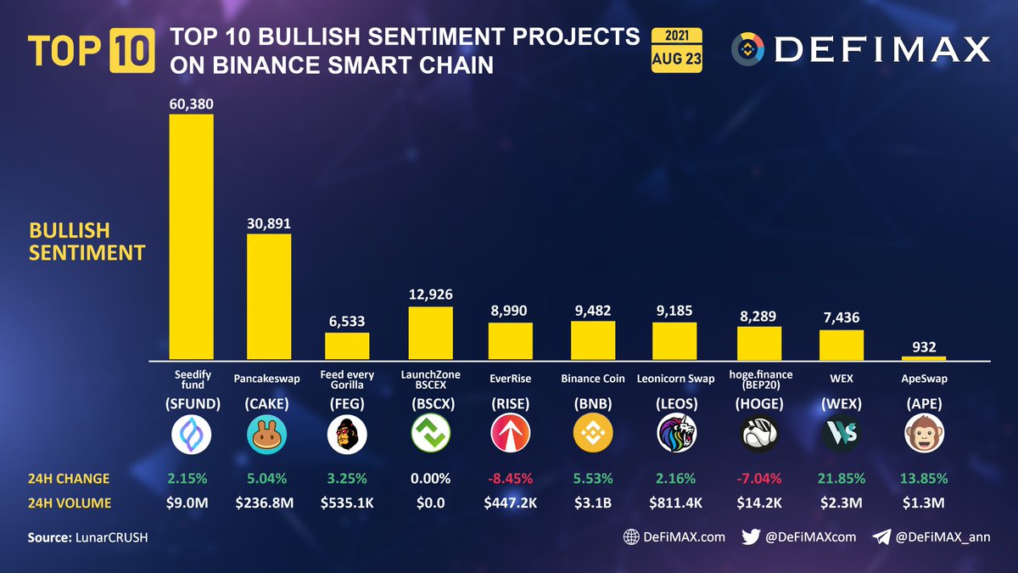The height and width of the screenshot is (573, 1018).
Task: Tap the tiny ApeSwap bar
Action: tap(924, 358)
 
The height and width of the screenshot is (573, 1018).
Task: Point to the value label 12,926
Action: tap(430, 295)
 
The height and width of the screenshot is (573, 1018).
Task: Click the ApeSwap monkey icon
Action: tap(924, 435)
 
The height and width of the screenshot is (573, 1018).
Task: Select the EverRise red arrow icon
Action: tap(511, 435)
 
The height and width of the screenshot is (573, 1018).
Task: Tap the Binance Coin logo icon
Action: tap(594, 435)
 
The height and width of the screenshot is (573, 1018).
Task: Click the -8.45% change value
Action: tap(511, 478)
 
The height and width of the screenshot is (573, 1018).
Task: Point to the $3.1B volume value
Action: tap(594, 503)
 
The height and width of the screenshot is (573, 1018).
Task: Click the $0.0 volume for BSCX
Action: tap(430, 503)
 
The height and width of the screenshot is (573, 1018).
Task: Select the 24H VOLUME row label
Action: tap(70, 503)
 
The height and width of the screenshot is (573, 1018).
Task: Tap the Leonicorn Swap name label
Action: tap(675, 379)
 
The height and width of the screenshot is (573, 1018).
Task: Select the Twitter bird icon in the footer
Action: tap(751, 536)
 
